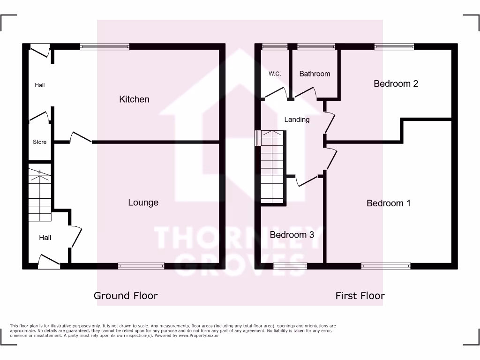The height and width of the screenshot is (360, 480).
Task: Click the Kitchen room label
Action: click(x=135, y=99)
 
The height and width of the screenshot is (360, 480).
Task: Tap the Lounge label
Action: click(x=143, y=202)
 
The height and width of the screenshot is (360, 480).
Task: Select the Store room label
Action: click(x=40, y=142)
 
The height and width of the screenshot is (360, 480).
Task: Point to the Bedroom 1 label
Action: click(x=389, y=203)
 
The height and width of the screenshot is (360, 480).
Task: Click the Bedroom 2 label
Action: click(x=396, y=83)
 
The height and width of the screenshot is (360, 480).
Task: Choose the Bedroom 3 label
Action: click(x=292, y=234)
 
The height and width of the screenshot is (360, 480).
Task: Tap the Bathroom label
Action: click(x=315, y=74)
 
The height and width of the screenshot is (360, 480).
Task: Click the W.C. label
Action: click(x=275, y=74)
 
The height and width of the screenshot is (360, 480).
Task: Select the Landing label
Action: click(x=297, y=120)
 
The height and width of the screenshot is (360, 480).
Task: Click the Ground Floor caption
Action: click(x=126, y=295)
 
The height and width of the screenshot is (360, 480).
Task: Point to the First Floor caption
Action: click(x=360, y=295)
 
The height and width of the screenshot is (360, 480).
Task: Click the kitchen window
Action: click(x=105, y=46)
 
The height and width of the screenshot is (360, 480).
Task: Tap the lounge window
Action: click(x=141, y=266)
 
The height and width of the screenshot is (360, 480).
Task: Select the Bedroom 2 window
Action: click(x=394, y=46)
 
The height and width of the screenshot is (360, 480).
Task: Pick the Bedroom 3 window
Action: click(x=290, y=266)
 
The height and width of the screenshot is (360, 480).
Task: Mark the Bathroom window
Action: click(x=316, y=46)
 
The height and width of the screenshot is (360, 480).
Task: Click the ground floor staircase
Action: click(x=39, y=196)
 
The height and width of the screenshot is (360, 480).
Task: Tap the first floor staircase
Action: click(x=272, y=167)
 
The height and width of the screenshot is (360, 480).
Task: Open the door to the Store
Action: click(x=39, y=116)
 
